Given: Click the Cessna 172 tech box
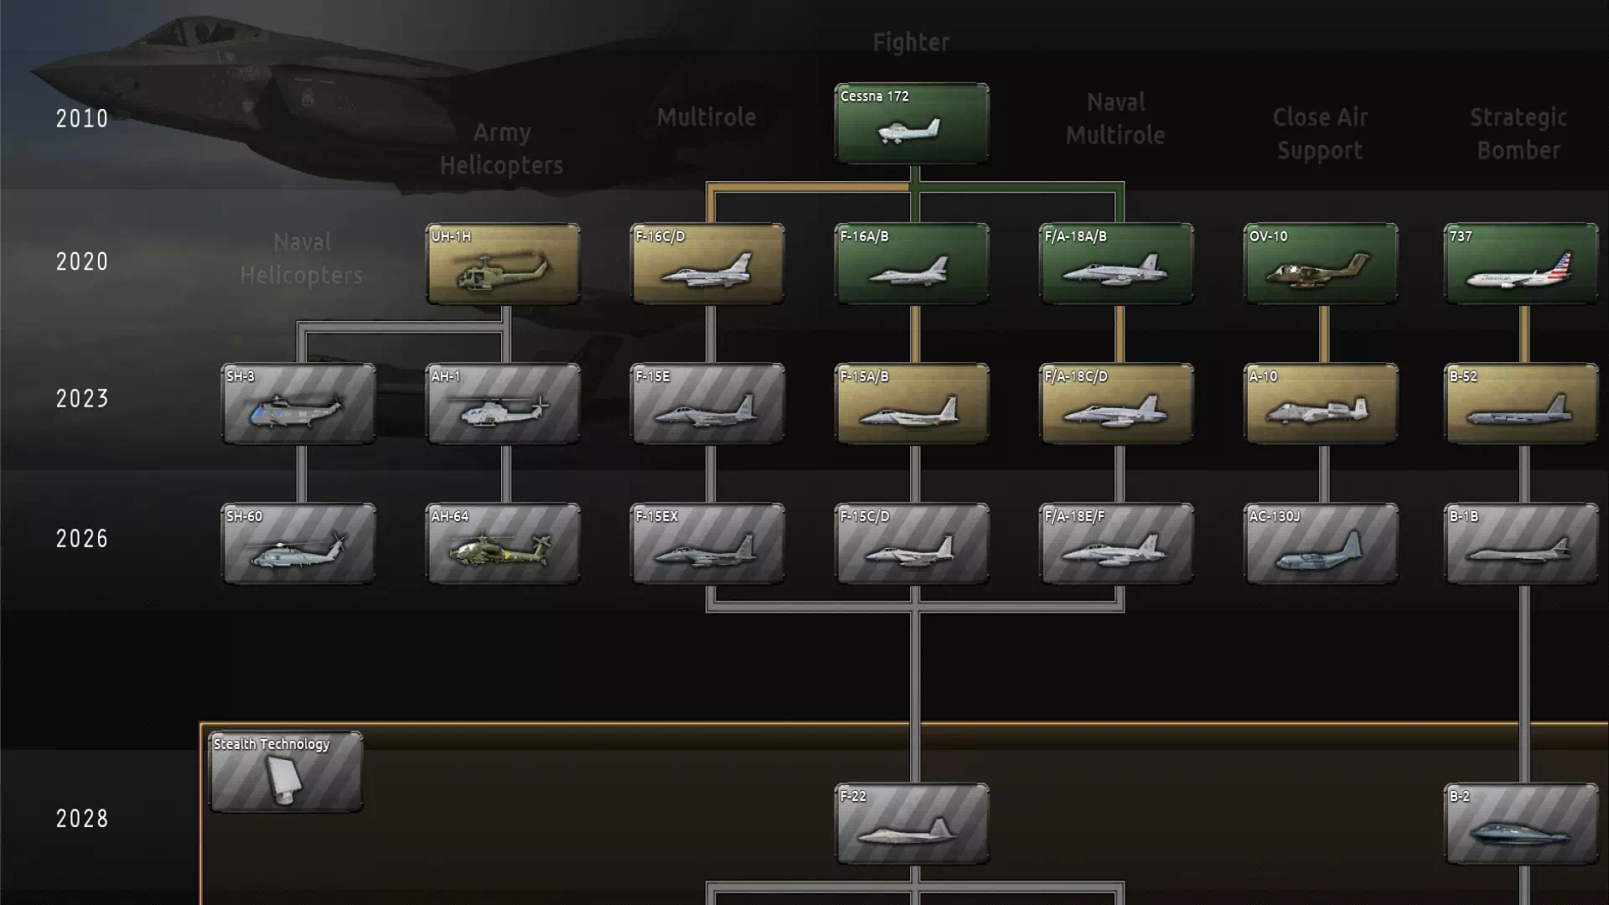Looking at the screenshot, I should (x=912, y=122).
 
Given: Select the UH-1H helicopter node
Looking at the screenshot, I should (x=503, y=263).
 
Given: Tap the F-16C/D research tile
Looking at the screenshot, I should (x=707, y=263).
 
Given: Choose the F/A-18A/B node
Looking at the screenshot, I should (x=1116, y=263).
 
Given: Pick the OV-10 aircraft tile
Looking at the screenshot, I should (x=1321, y=263).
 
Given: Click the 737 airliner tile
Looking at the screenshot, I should (x=1520, y=263).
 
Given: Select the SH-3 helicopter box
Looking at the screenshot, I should (x=298, y=403).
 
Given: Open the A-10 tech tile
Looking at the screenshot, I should (x=1321, y=403).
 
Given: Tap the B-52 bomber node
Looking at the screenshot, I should (x=1520, y=403).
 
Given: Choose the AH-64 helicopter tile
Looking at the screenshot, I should (x=503, y=543).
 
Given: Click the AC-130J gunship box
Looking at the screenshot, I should (x=1321, y=543).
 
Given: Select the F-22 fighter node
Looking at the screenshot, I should (x=912, y=823).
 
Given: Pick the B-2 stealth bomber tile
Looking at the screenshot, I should (x=1520, y=823).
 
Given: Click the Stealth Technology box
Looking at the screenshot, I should (x=286, y=771).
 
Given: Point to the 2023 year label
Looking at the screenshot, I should (x=82, y=398).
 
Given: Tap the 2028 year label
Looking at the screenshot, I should (x=82, y=819).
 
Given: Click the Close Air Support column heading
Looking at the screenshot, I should (x=1320, y=134).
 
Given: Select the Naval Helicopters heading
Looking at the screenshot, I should (x=302, y=258).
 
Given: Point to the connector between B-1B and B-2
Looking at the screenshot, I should (x=1524, y=683).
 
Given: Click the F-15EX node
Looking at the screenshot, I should (x=707, y=543).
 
